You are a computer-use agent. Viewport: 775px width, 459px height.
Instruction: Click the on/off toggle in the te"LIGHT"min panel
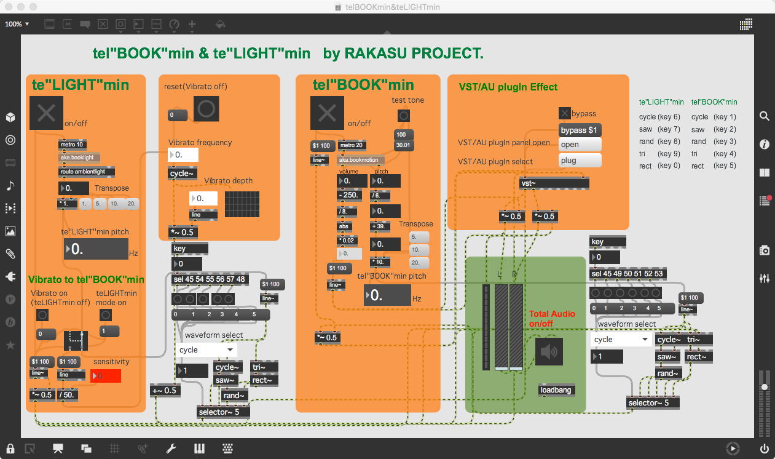pyautogui.click(x=46, y=113)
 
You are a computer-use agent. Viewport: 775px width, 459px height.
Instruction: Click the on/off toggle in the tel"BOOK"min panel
pyautogui.click(x=327, y=113)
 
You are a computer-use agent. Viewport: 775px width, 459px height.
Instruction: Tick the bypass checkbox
pyautogui.click(x=564, y=113)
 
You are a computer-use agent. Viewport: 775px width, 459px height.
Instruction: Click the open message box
pyautogui.click(x=580, y=145)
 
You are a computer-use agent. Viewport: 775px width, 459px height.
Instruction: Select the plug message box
pyautogui.click(x=580, y=161)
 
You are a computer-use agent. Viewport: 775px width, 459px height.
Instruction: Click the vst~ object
pyautogui.click(x=554, y=183)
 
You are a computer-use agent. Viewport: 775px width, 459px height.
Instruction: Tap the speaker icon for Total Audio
pyautogui.click(x=549, y=352)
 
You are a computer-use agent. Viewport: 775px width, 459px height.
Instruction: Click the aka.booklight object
pyautogui.click(x=79, y=158)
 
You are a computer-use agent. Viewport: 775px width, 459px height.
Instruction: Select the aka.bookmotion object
pyautogui.click(x=361, y=160)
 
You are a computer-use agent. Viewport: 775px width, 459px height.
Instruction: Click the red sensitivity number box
pyautogui.click(x=106, y=376)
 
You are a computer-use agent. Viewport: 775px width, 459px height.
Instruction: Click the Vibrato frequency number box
pyautogui.click(x=183, y=155)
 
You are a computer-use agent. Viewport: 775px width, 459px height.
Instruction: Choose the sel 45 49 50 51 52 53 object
pyautogui.click(x=627, y=274)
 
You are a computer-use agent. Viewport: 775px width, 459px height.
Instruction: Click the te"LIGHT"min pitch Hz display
pyautogui.click(x=95, y=249)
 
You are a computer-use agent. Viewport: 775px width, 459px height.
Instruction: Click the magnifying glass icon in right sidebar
pyautogui.click(x=764, y=116)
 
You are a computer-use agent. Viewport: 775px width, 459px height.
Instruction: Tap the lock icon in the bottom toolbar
pyautogui.click(x=10, y=449)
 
